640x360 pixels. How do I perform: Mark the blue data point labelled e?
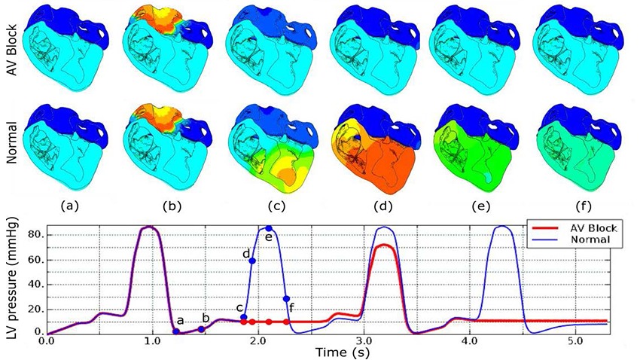tap(268, 228)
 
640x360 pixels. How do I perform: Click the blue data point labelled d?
tap(253, 261)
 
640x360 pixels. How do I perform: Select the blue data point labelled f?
tap(286, 298)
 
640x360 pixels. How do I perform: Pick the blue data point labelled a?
tap(176, 331)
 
